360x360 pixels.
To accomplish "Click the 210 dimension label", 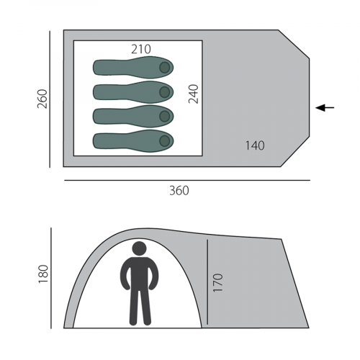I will pyautogui.click(x=141, y=49).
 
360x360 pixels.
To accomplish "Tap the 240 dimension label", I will pyautogui.click(x=193, y=94).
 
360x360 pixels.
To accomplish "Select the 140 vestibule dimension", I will pyautogui.click(x=254, y=145).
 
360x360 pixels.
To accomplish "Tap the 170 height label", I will pyautogui.click(x=218, y=282).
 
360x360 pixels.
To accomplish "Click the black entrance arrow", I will pyautogui.click(x=325, y=108).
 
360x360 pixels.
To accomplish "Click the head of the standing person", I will pyautogui.click(x=139, y=248).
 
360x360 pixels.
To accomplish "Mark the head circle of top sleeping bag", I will pyautogui.click(x=164, y=68).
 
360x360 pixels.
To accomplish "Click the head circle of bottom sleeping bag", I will pyautogui.click(x=164, y=140).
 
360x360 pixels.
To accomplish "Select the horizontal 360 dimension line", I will pyautogui.click(x=186, y=179).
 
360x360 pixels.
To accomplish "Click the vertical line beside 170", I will pyautogui.click(x=207, y=282).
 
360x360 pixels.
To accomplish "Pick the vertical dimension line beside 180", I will pyautogui.click(x=52, y=277).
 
